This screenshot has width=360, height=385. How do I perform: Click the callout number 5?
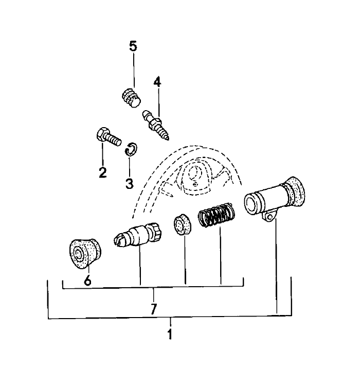(133, 46)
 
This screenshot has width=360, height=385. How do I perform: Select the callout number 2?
(102, 172)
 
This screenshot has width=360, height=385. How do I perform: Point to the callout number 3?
(129, 183)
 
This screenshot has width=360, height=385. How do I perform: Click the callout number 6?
(87, 281)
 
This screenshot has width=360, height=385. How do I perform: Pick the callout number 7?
(153, 309)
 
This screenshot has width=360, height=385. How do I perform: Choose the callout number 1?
(170, 334)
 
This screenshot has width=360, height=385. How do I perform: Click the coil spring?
(217, 215)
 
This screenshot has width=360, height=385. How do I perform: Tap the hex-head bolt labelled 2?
(109, 137)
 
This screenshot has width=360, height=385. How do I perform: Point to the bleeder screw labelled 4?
(156, 125)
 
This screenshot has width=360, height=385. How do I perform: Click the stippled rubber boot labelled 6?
(85, 253)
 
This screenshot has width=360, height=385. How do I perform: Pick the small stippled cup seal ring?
(183, 224)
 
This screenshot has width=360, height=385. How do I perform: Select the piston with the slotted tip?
(137, 235)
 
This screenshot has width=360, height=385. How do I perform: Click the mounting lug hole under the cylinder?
(270, 217)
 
